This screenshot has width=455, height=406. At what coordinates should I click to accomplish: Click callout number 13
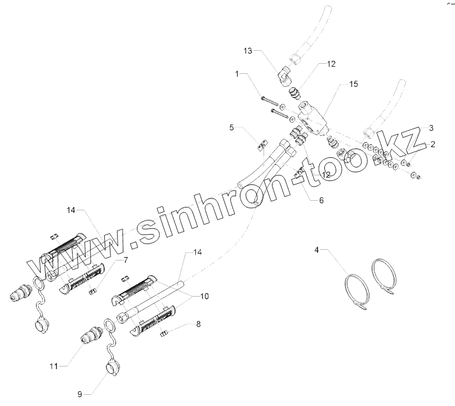pos(248,51)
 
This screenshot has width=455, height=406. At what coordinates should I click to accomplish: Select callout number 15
pos(353,84)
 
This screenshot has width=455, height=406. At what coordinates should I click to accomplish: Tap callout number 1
pos(238,74)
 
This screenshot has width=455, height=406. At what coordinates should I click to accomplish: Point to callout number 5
pos(231,128)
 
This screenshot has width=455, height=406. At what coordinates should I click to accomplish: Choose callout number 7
pos(126,260)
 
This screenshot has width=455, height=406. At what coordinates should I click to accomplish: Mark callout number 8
pos(198,324)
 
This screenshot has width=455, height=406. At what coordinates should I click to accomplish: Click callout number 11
pos(53,366)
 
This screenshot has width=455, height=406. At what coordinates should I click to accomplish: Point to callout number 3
pos(431,128)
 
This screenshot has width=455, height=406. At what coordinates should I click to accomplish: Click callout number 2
pos(432,144)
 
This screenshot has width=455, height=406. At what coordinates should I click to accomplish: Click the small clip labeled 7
pos(94,290)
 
